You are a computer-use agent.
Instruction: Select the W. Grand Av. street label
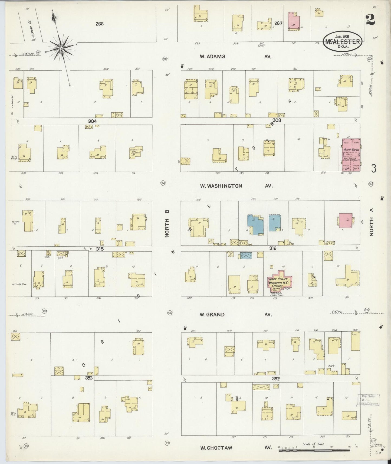tap(235, 315)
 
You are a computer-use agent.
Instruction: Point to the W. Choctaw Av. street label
tap(235, 448)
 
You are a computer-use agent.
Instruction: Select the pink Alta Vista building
tap(351, 155)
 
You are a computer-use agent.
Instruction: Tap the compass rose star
tap(61, 48)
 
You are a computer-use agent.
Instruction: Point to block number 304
tap(92, 121)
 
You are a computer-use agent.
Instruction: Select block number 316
tap(272, 248)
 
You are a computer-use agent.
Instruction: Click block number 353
tap(89, 378)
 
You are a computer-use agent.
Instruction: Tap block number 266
tap(99, 24)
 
